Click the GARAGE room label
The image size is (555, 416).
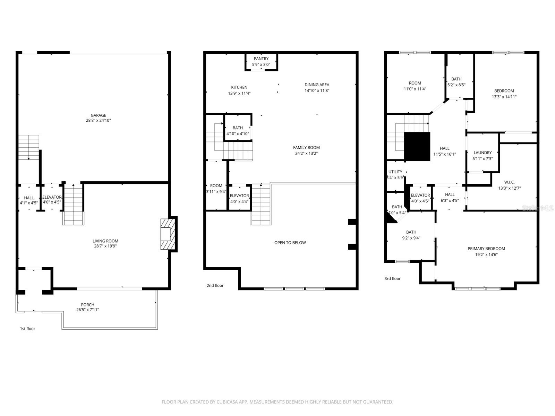(x=98, y=115)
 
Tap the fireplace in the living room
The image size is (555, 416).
(x=166, y=234)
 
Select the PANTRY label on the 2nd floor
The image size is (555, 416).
(x=261, y=59)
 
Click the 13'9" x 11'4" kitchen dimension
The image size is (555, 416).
(x=239, y=93)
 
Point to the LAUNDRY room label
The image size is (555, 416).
(x=483, y=153)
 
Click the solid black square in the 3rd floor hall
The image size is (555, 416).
(x=417, y=146)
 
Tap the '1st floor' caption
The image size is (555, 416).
(x=27, y=329)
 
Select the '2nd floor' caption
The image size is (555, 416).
(x=215, y=286)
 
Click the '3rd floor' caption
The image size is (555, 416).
(x=392, y=279)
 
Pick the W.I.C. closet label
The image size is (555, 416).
(x=509, y=182)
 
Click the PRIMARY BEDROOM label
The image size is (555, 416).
(x=486, y=249)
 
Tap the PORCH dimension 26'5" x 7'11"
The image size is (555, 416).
(x=88, y=310)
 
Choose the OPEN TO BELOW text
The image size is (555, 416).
(x=290, y=243)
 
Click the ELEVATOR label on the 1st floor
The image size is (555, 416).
(x=52, y=197)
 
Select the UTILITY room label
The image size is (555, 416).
(x=395, y=172)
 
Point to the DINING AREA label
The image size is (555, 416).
(x=317, y=85)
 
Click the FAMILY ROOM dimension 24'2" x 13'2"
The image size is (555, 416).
(x=306, y=153)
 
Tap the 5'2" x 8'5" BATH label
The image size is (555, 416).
(x=456, y=85)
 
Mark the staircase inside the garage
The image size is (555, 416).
(x=29, y=147)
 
